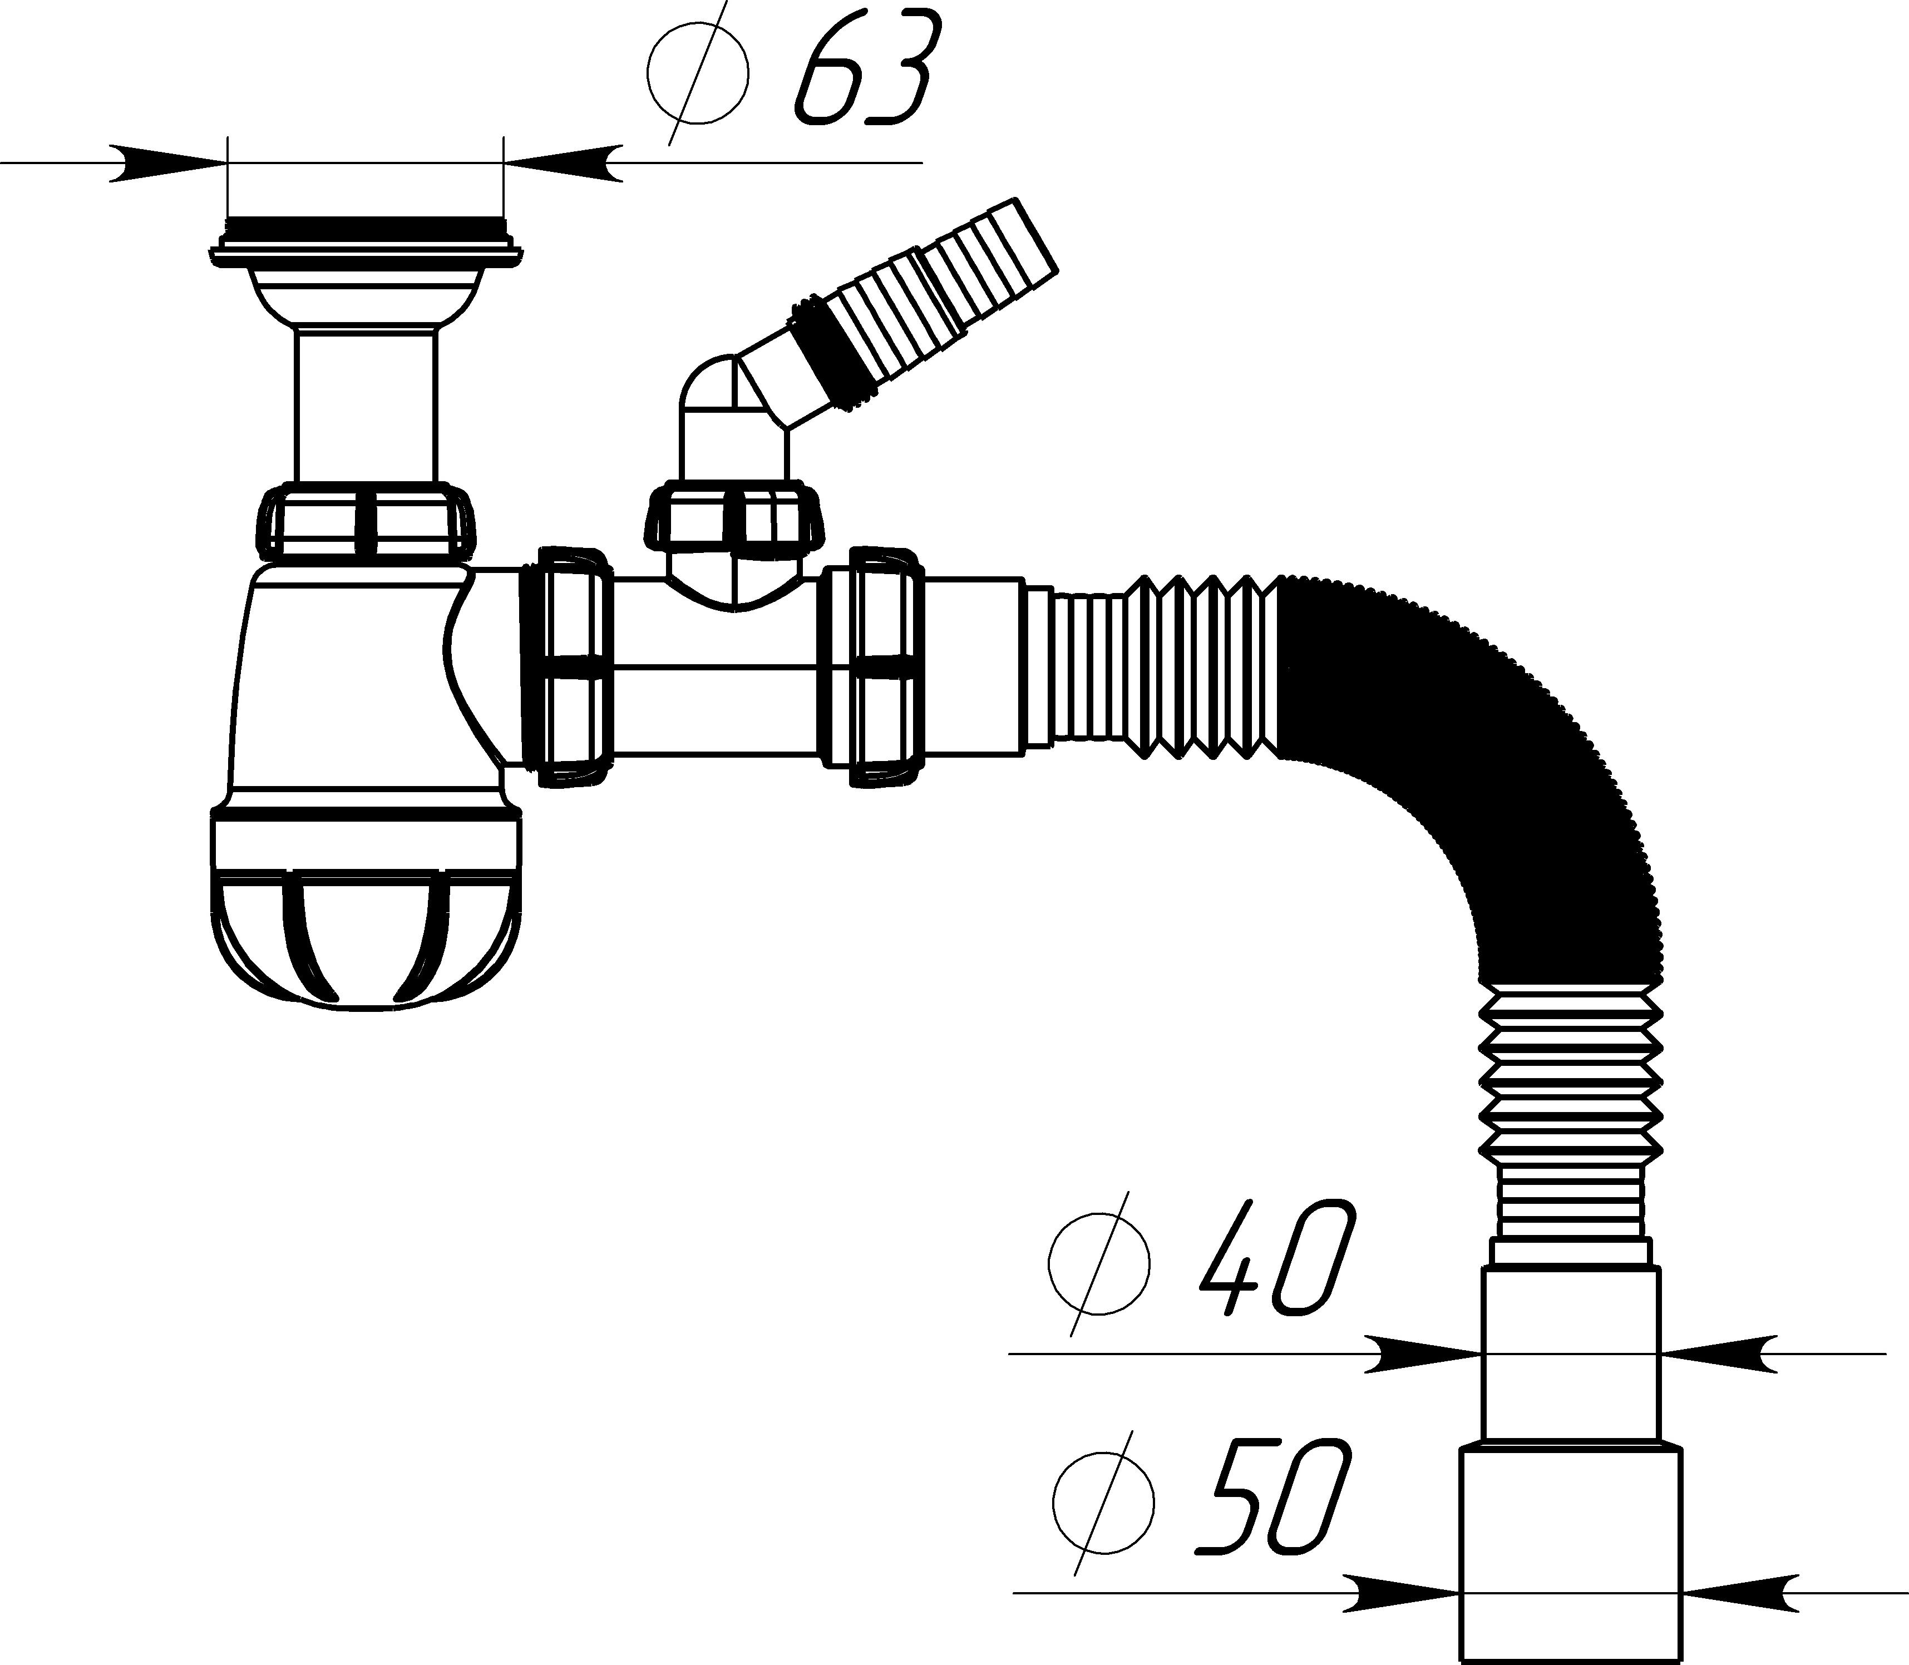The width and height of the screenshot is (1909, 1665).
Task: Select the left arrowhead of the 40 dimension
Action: click(x=1422, y=1353)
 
